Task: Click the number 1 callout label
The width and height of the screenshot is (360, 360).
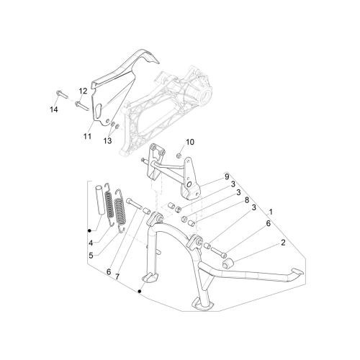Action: pyautogui.click(x=271, y=212)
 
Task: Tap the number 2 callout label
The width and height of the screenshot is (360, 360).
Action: pyautogui.click(x=283, y=243)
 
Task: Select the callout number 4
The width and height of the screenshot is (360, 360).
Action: pyautogui.click(x=91, y=243)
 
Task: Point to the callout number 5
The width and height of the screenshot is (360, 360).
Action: pyautogui.click(x=91, y=256)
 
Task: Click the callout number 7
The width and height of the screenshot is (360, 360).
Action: pyautogui.click(x=117, y=276)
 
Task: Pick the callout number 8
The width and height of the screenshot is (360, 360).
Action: pyautogui.click(x=247, y=200)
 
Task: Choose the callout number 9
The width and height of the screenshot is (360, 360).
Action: pyautogui.click(x=227, y=177)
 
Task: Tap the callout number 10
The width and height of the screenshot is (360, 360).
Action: pyautogui.click(x=189, y=142)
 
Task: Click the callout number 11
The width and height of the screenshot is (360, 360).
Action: pyautogui.click(x=87, y=136)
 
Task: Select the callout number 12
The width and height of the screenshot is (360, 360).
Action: pyautogui.click(x=83, y=91)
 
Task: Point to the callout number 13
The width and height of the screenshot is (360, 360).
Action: pyautogui.click(x=108, y=140)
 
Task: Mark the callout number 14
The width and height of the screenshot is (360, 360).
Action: pyautogui.click(x=54, y=109)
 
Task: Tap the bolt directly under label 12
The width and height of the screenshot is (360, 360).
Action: pyautogui.click(x=82, y=106)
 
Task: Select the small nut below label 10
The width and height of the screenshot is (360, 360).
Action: pyautogui.click(x=179, y=156)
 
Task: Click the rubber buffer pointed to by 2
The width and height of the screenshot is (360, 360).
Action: pyautogui.click(x=228, y=263)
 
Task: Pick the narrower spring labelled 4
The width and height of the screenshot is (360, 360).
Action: pyautogui.click(x=109, y=204)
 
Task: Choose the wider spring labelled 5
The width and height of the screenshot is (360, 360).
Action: pyautogui.click(x=120, y=211)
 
